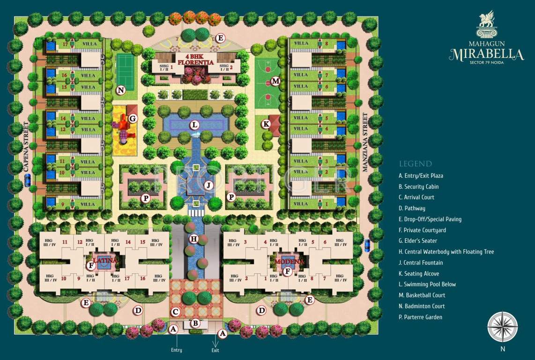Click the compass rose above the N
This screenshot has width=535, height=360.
coord(503,327)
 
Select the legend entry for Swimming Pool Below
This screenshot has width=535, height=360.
coord(427,285)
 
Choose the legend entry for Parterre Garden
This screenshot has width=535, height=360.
coord(420,317)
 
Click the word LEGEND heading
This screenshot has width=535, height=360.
coord(416,164)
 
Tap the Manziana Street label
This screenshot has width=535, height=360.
coord(365,142)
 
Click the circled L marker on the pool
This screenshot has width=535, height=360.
coord(194,125)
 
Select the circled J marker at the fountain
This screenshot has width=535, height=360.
coord(208,185)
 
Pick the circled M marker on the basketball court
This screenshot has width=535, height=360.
coord(275,81)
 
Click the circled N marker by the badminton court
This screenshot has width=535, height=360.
coord(121,90)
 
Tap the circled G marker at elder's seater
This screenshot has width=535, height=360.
coord(133,119)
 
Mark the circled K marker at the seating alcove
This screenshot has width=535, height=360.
coord(266,124)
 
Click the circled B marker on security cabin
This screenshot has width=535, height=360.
coord(196,323)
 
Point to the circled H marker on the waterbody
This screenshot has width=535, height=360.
coord(193,239)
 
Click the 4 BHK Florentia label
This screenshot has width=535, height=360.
coord(195,59)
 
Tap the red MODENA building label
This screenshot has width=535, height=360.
coord(290,261)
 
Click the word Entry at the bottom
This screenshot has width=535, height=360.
coord(177,350)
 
